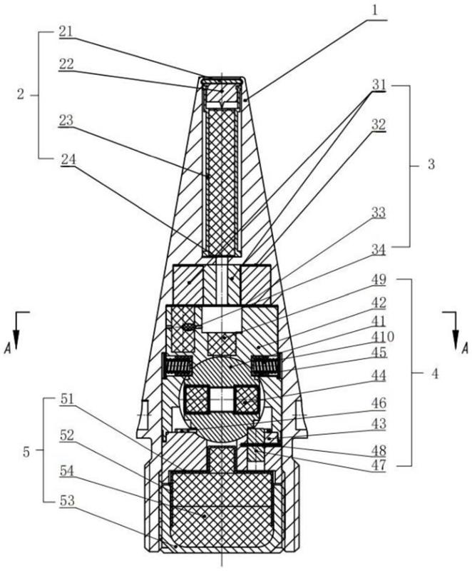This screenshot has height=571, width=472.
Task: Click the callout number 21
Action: pyautogui.click(x=66, y=32)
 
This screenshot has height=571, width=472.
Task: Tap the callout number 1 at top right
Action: pyautogui.click(x=374, y=10)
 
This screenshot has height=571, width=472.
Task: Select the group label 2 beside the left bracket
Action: pyautogui.click(x=21, y=95)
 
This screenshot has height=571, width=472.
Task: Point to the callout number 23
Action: pyautogui.click(x=66, y=120)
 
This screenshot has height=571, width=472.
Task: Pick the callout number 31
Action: pyautogui.click(x=378, y=85)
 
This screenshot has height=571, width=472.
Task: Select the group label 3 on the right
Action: pyautogui.click(x=431, y=165)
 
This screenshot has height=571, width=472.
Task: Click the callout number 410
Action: pyautogui.click(x=382, y=337)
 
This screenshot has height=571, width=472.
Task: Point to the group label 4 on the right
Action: pyautogui.click(x=434, y=373)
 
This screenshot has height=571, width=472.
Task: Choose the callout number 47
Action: pyautogui.click(x=379, y=465)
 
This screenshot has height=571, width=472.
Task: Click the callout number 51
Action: pyautogui.click(x=66, y=400)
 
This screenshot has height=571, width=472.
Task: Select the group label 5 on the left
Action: pyautogui.click(x=26, y=453)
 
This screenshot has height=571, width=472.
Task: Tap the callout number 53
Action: pyautogui.click(x=66, y=501)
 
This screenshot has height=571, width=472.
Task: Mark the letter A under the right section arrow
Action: pyautogui.click(x=464, y=349)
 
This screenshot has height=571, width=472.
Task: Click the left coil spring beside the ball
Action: pyautogui.click(x=179, y=366)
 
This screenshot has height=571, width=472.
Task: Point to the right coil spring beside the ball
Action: pyautogui.click(x=266, y=366)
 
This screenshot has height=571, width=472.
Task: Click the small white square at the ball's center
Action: pyautogui.click(x=222, y=400)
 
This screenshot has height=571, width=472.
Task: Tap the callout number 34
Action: pyautogui.click(x=379, y=250)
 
